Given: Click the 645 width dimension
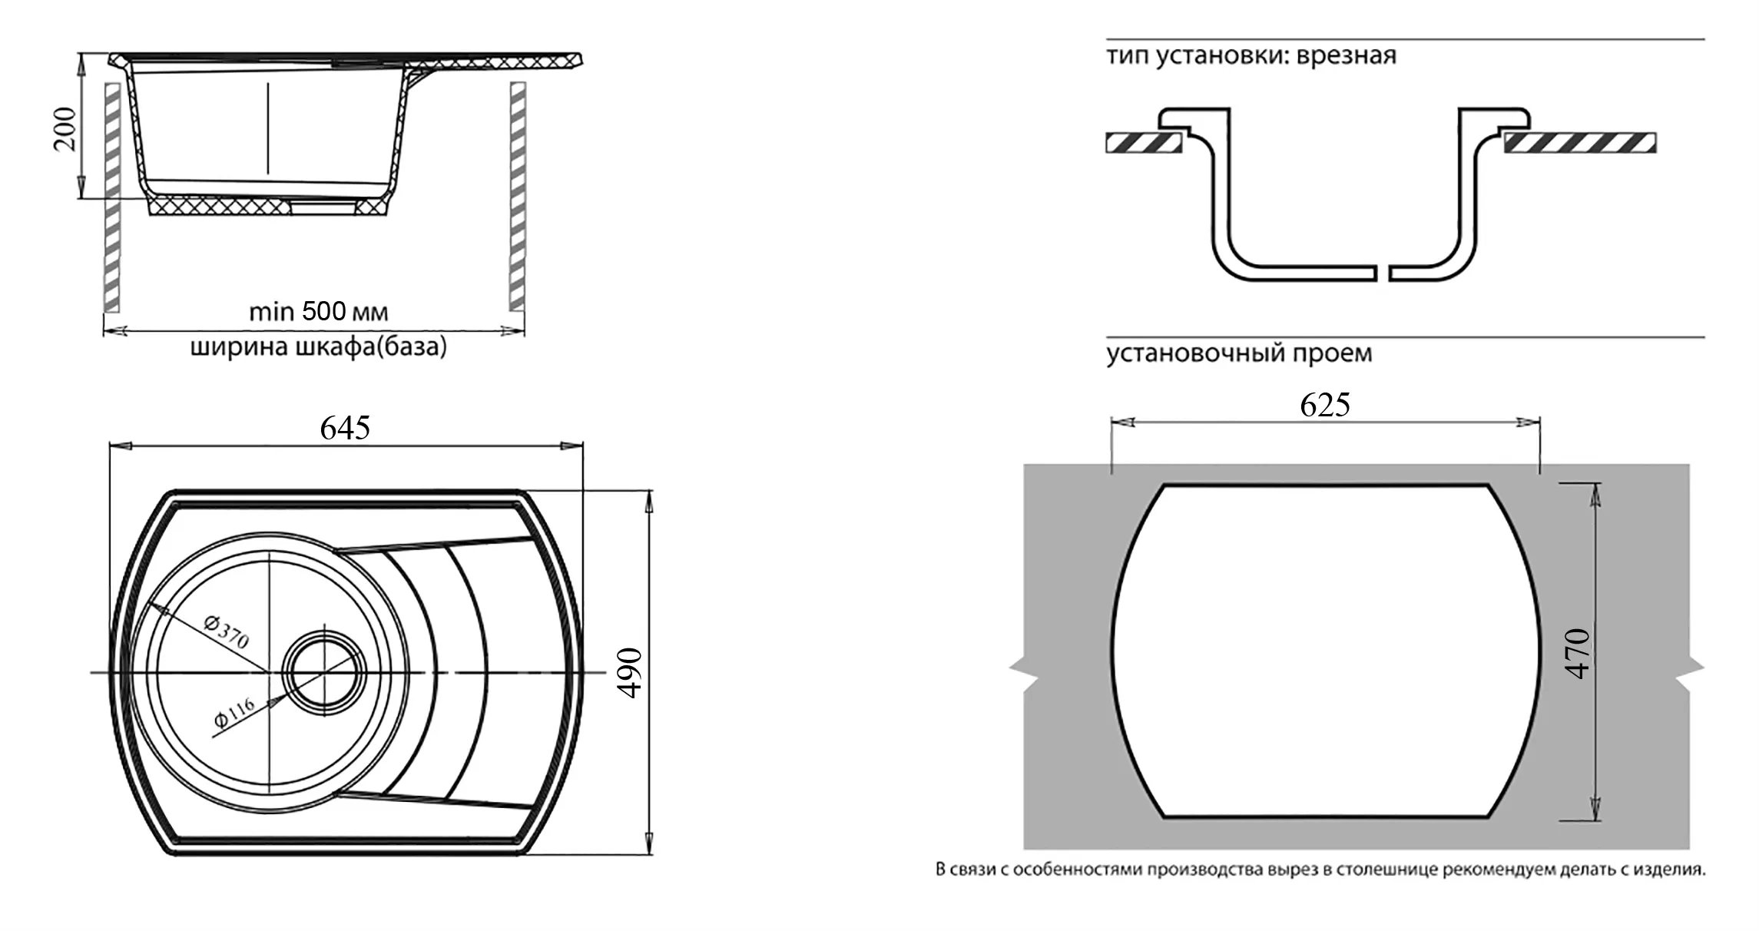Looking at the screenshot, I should coord(345,428).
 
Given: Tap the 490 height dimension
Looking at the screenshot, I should coord(630,673).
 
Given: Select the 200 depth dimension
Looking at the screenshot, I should coord(66,128).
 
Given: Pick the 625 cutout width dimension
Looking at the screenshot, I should coord(1325,405).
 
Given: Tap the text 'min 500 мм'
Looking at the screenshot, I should coord(318,312).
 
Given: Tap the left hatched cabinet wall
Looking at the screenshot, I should coord(112,196).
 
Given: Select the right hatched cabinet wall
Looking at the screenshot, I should coord(518,196).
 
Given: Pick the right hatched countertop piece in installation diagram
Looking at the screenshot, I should coord(1580,142).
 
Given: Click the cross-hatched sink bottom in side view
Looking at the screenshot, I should coord(223,206).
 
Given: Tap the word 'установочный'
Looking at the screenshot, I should coord(1196,353).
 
